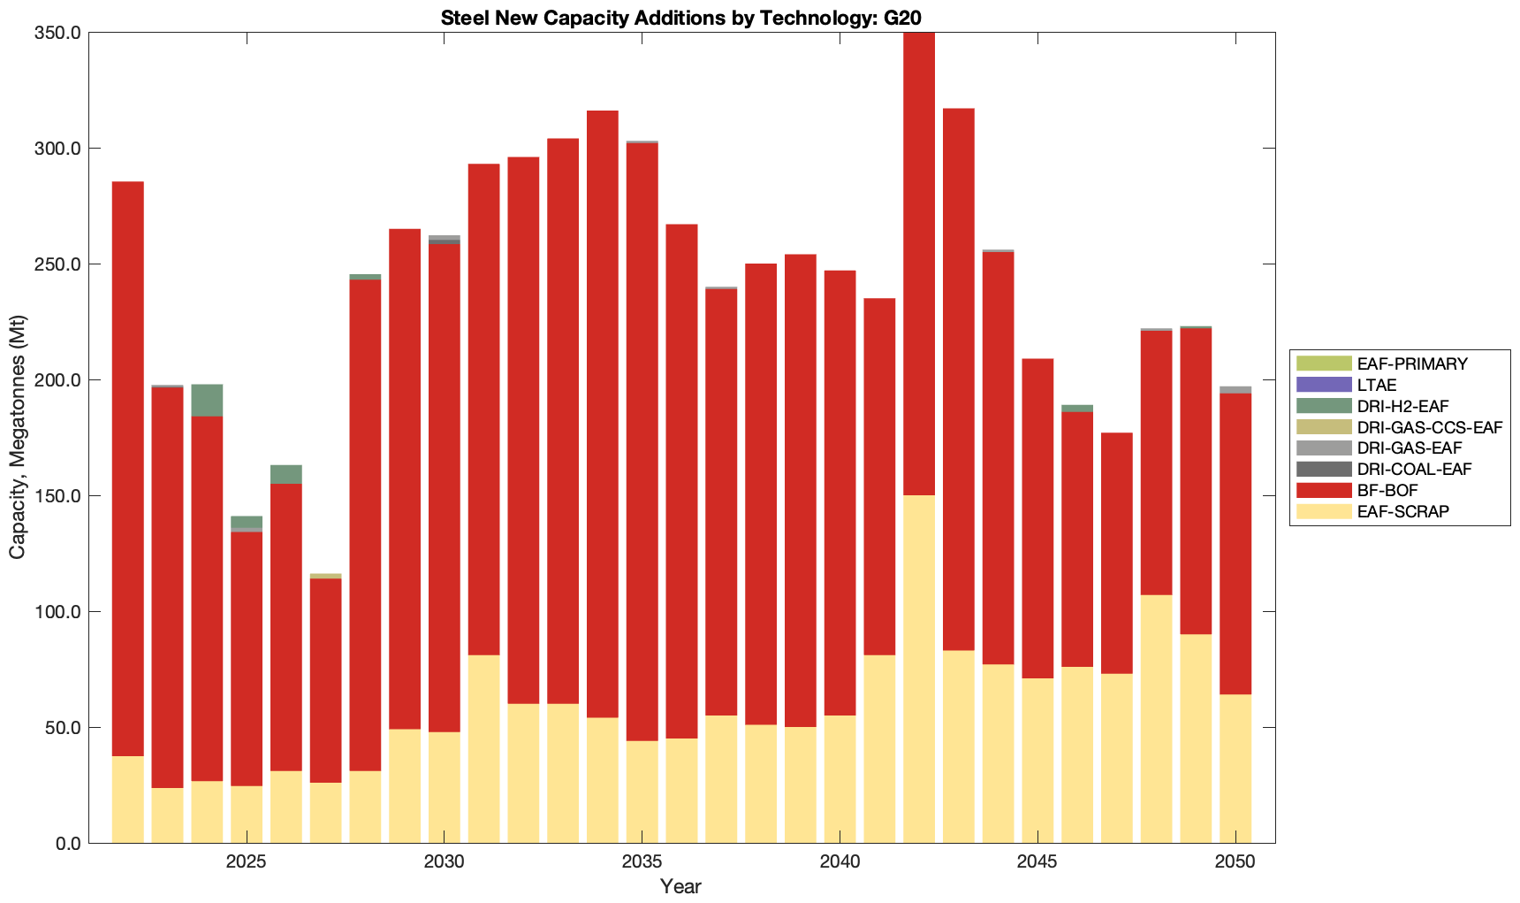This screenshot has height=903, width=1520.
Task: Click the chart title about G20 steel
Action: (681, 17)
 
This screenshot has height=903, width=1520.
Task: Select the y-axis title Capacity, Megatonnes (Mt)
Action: (17, 437)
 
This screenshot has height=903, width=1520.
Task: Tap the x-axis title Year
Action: (680, 886)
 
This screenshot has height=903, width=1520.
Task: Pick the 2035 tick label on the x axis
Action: (642, 862)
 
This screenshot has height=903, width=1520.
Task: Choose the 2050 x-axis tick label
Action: (1235, 862)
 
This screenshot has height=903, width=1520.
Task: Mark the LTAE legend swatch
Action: (1324, 385)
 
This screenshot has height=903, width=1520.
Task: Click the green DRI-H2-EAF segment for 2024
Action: (207, 401)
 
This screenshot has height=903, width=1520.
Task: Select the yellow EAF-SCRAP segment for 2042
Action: (919, 669)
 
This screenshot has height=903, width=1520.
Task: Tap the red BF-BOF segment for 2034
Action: (603, 414)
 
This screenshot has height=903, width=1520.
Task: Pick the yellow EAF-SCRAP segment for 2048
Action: (1156, 719)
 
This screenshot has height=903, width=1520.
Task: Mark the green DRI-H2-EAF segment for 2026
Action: (286, 475)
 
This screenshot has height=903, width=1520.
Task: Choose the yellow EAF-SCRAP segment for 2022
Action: (128, 800)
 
